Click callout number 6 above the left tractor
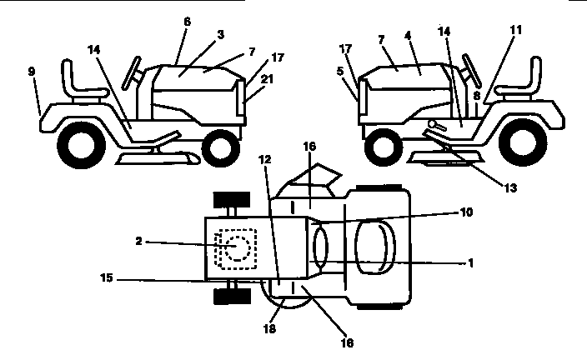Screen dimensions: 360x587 click(187, 22)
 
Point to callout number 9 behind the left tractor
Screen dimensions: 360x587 click(31, 72)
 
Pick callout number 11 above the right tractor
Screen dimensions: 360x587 click(516, 29)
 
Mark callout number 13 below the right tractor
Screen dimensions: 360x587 click(510, 188)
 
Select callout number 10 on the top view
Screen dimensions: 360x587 click(465, 213)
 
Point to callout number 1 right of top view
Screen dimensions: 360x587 click(471, 262)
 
